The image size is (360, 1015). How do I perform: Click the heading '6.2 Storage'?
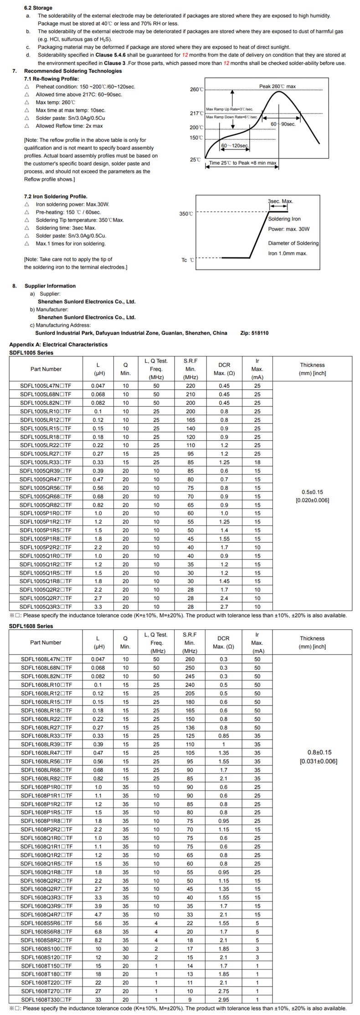(38, 8)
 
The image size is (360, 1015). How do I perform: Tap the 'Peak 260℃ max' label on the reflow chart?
(277, 86)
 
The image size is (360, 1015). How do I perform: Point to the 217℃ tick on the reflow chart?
(196, 113)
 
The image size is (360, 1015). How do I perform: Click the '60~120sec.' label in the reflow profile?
(235, 145)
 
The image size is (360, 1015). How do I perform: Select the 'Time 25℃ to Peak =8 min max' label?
(242, 163)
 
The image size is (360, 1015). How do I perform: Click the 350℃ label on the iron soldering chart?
(186, 213)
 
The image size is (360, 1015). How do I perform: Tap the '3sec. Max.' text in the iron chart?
(280, 201)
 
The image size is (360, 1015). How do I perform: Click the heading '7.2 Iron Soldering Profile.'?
(56, 196)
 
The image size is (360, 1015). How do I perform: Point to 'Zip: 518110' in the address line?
(254, 333)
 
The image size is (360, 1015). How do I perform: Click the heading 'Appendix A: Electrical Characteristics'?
(58, 345)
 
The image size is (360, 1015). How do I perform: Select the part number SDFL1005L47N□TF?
(46, 386)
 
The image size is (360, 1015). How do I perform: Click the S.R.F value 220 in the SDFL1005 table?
(190, 386)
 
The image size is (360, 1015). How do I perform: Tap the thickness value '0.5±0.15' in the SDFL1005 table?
(312, 492)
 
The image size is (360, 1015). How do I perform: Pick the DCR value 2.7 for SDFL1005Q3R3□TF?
(224, 607)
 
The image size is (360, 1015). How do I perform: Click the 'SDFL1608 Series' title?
(31, 626)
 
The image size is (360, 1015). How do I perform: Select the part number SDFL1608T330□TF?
(46, 1000)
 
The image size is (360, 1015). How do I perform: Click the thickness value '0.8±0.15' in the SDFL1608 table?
(319, 752)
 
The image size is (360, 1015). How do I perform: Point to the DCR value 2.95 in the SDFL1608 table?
(223, 1000)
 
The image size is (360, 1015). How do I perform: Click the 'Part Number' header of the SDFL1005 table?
(46, 369)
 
